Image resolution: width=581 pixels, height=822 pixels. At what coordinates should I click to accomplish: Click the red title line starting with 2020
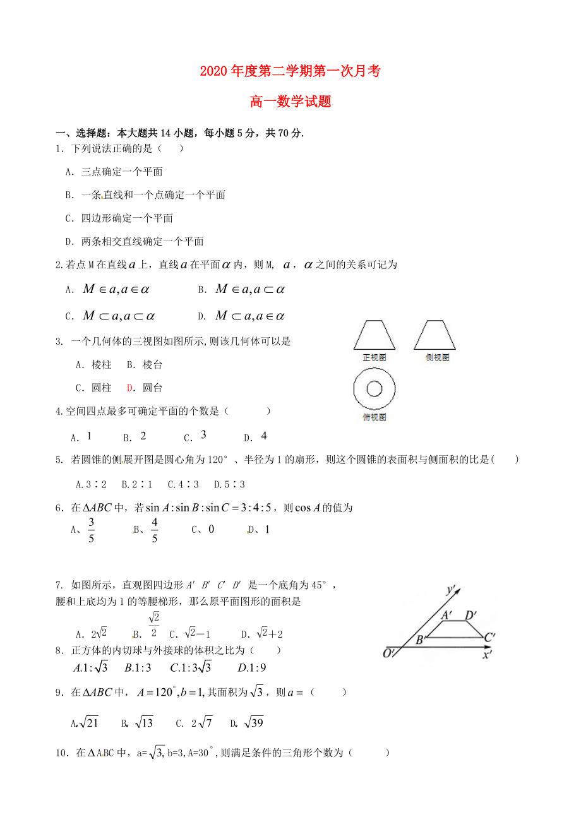290,71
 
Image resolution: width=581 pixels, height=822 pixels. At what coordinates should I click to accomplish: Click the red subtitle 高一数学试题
290,101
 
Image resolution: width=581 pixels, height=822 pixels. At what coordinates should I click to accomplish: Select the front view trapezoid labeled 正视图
374,335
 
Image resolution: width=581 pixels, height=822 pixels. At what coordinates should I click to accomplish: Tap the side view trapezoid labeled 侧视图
434,335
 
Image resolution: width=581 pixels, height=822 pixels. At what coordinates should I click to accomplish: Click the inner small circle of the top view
374,388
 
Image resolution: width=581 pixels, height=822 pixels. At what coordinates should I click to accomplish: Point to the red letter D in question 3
129,388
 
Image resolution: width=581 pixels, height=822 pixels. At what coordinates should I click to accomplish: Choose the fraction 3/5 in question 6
91,530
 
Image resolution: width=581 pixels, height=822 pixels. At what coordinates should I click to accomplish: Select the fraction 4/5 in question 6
154,530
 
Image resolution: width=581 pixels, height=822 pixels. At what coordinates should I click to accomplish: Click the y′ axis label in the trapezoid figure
451,590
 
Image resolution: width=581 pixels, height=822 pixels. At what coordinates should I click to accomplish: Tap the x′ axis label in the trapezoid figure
487,655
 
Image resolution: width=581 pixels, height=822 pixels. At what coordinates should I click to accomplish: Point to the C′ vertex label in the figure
489,638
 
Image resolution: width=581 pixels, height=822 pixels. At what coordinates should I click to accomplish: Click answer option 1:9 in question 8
253,667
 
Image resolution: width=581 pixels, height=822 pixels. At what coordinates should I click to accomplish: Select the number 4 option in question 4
264,436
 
